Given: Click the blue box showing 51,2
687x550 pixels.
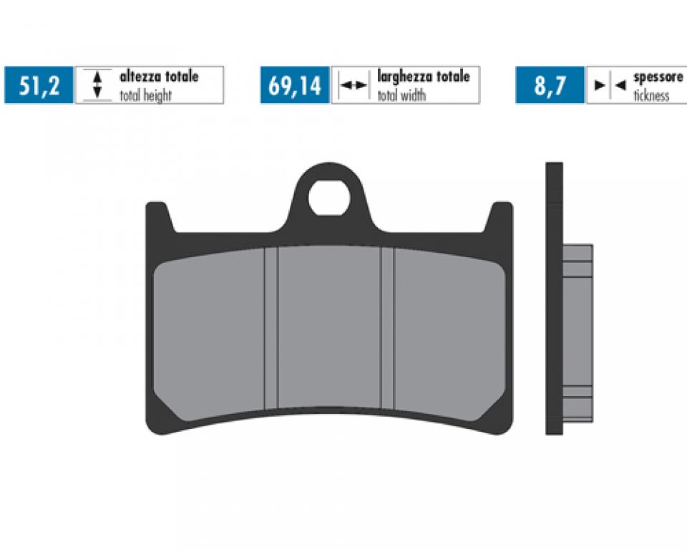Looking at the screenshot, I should [x=39, y=86].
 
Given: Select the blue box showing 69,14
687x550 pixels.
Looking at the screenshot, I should [x=294, y=86].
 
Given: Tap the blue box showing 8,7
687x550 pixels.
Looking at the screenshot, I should [x=550, y=86].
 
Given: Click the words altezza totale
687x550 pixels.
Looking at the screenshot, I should [x=159, y=77].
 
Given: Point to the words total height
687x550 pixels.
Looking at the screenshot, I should [x=145, y=95].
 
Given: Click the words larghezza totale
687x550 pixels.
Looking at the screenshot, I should [x=423, y=77].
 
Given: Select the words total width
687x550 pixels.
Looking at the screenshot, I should [x=405, y=95].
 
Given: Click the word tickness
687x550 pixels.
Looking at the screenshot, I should [x=651, y=95].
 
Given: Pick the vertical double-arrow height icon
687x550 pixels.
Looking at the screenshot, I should [x=98, y=85].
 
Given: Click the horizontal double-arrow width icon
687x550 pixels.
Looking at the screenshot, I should [x=353, y=85].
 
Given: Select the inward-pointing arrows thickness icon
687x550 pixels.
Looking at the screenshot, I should [x=610, y=85].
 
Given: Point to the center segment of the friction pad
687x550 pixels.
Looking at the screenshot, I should [x=329, y=329].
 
